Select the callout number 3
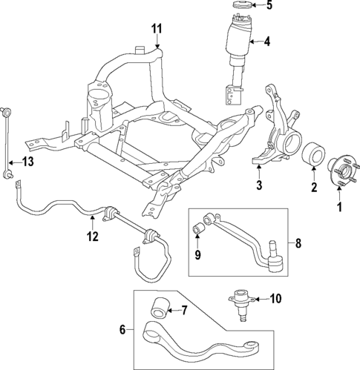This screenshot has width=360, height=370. (x=259, y=184)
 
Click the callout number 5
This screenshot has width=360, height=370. (x=269, y=7)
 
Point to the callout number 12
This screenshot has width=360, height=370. (x=92, y=237)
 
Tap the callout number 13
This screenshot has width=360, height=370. (x=27, y=161)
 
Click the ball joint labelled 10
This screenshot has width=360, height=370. (x=242, y=303)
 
